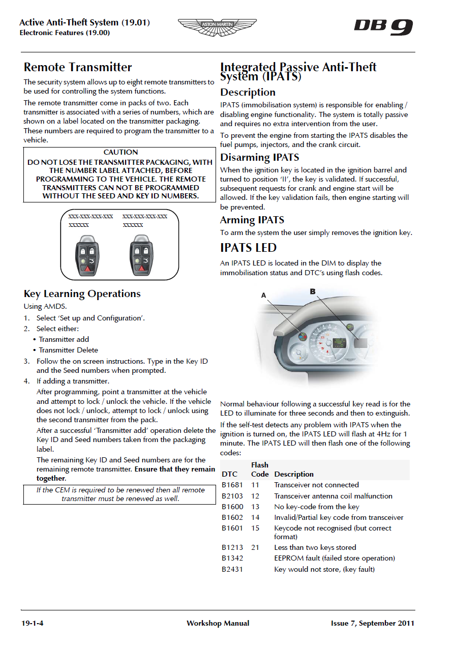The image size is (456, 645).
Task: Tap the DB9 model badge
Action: coord(383,27)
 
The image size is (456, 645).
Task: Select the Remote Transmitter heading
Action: coord(78,67)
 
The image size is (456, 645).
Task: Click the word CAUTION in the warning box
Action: coord(120,152)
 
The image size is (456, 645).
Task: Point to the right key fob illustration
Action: coord(142,255)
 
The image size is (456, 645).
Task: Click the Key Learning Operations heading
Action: coord(82,294)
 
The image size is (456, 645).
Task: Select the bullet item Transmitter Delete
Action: coord(69,350)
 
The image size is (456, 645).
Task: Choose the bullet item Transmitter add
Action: coord(64,339)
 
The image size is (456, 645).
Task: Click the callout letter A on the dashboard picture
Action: coord(263,295)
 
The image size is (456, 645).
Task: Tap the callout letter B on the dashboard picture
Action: coord(313,291)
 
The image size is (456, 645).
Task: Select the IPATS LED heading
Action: coord(248,248)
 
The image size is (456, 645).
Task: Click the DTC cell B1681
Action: coord(232,485)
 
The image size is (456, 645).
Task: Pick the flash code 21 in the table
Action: coord(255,547)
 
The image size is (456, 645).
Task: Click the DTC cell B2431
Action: coord(232,569)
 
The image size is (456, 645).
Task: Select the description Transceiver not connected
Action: coord(316,485)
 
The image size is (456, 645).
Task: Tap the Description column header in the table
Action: coord(294,474)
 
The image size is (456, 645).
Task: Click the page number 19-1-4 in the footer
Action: coord(32,623)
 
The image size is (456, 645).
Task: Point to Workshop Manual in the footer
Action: coord(218,623)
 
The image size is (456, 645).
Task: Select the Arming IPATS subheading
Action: coord(252,220)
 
